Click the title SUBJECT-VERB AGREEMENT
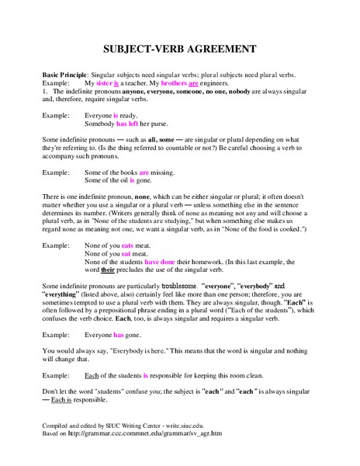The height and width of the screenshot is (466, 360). coord(180,48)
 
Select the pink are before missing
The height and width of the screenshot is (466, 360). coord(144,172)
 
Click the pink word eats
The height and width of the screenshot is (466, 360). coord(128,245)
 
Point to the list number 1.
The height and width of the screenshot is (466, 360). coord(44,92)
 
